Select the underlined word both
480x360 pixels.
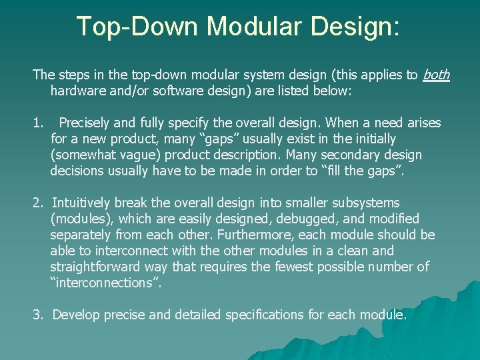(436, 75)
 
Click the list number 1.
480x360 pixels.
(37, 123)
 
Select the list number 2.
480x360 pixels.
(37, 203)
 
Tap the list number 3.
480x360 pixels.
(37, 315)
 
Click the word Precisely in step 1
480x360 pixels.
(85, 123)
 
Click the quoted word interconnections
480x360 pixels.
(106, 283)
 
